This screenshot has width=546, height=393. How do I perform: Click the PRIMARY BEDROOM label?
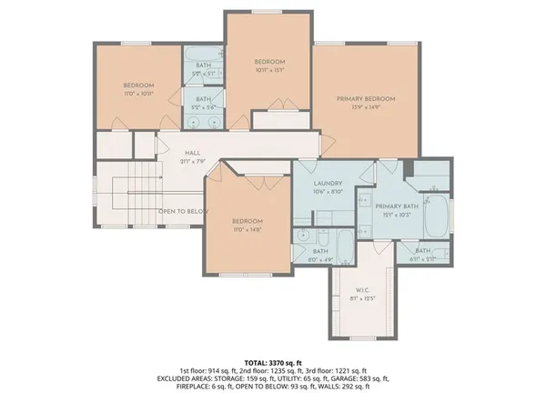click(x=366, y=98)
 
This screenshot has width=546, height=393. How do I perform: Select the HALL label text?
click(x=191, y=153)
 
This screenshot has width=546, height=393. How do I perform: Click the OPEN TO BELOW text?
click(x=183, y=212)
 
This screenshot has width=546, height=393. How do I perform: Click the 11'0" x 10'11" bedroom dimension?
click(x=138, y=94)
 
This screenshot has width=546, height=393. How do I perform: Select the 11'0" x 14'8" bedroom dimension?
click(x=247, y=230)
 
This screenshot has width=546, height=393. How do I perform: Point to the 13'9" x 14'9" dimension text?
click(x=366, y=107)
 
